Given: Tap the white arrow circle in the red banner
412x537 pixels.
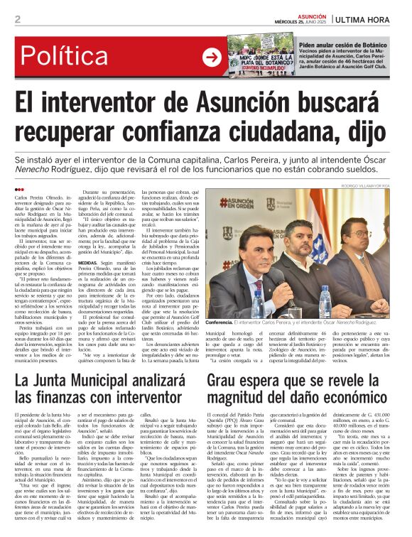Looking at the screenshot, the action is click(212, 57).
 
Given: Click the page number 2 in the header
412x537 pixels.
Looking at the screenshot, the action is click(17, 19).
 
